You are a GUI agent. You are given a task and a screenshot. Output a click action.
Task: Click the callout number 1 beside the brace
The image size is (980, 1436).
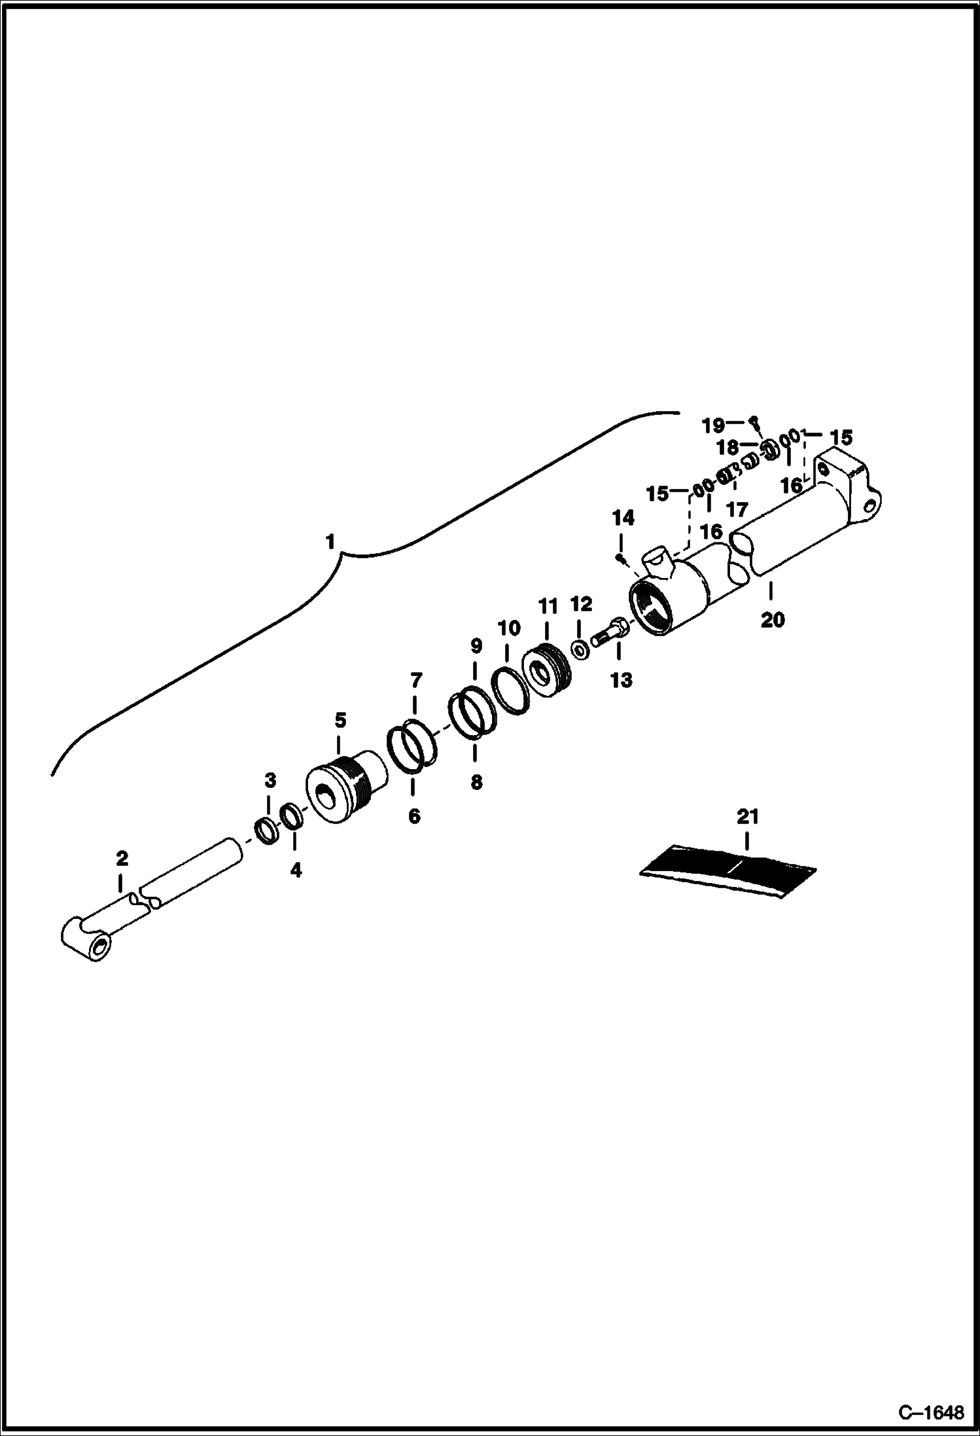point(330,543)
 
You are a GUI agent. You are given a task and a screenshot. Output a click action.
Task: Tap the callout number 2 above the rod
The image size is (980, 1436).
point(122,858)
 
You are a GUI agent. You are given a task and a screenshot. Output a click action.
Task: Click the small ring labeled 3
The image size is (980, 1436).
point(266,832)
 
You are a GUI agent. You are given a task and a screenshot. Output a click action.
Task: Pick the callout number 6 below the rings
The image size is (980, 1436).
point(413,816)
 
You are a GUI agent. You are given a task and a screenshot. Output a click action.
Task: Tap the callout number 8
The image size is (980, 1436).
point(476,782)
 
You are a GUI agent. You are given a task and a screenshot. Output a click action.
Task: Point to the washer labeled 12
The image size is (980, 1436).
point(579,650)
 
